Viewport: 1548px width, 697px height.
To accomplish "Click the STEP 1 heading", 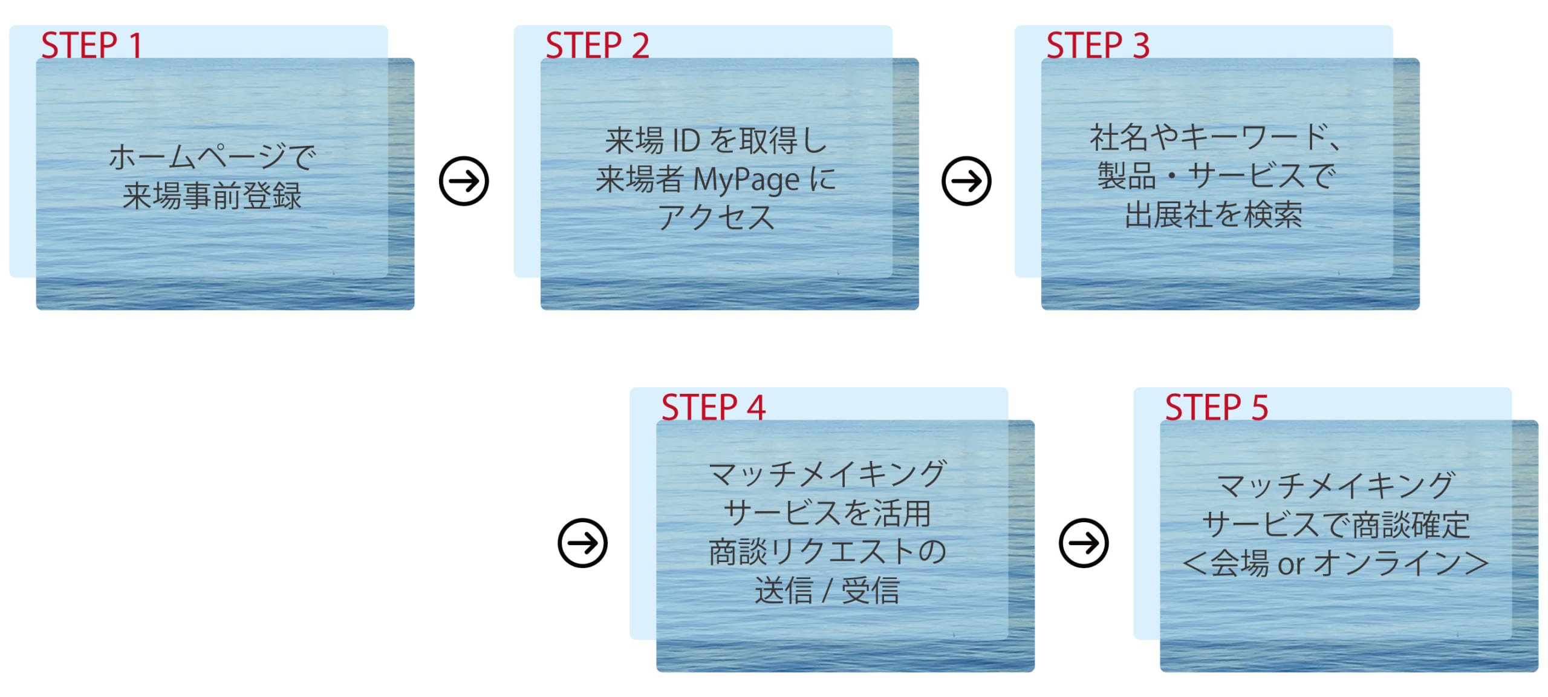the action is (x=91, y=45).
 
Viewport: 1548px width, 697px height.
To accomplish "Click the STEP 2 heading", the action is (x=597, y=45).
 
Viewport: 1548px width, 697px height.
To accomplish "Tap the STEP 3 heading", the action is (x=1098, y=45).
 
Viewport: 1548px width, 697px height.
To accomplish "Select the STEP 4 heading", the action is (x=714, y=407).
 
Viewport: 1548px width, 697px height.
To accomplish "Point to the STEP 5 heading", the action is (x=1217, y=407).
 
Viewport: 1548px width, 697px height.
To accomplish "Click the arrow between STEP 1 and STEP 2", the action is (x=464, y=181).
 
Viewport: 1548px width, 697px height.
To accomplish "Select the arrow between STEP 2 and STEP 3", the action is (x=966, y=181).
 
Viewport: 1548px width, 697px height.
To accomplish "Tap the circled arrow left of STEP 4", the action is (x=582, y=543).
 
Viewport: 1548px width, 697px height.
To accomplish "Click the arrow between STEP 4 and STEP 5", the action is (x=1084, y=543).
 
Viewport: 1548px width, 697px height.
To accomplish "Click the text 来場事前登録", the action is (x=212, y=197).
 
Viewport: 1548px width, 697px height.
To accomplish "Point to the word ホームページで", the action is (x=212, y=157).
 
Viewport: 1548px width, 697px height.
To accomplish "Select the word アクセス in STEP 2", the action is (x=717, y=218).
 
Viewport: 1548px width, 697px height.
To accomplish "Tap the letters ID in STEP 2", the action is (x=686, y=141).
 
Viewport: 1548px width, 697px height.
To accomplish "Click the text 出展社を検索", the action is (x=1214, y=215).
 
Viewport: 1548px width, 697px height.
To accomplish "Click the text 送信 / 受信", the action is (x=827, y=591).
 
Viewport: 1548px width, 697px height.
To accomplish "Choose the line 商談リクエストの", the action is (x=827, y=552).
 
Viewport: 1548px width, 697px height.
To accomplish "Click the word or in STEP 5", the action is (x=1290, y=565).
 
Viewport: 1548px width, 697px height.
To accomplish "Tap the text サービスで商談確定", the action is (x=1336, y=525).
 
